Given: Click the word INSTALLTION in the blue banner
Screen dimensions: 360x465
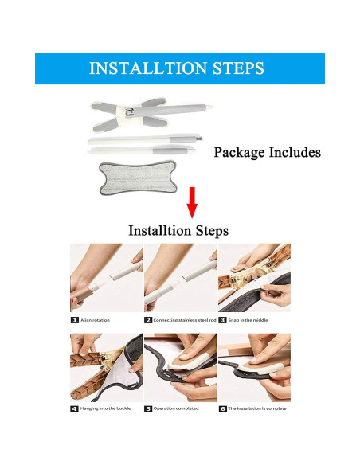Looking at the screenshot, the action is (x=148, y=68).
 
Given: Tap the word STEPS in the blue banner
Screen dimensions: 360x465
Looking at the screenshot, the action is (x=238, y=68).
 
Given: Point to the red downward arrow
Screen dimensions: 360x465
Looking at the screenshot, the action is (x=192, y=202).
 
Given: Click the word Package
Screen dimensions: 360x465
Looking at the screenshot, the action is (x=239, y=152).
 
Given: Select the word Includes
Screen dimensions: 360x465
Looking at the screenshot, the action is (x=295, y=152).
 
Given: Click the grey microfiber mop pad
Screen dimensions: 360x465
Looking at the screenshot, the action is (x=138, y=177).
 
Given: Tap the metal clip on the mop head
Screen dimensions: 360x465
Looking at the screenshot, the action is (x=130, y=113).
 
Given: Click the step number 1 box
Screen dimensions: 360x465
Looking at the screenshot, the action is (x=75, y=320).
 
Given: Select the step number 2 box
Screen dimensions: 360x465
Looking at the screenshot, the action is (x=148, y=320).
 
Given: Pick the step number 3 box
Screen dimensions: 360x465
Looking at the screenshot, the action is (x=222, y=320).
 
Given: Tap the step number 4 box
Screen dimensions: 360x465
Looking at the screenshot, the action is (x=74, y=408).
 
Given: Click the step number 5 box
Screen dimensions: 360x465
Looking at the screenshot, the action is (x=148, y=408).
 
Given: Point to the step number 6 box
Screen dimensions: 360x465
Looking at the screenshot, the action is (x=223, y=408).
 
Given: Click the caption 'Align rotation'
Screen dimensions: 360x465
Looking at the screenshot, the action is (x=96, y=320).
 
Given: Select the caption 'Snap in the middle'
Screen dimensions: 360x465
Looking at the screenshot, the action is (x=248, y=320).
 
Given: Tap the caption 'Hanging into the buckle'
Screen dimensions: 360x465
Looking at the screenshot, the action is (x=105, y=408).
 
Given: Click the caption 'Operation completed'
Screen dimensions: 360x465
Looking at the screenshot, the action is (x=176, y=408).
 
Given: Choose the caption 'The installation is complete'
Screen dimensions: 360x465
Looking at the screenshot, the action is (x=257, y=408).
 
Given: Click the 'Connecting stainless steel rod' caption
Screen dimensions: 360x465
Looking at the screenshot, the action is (x=185, y=320).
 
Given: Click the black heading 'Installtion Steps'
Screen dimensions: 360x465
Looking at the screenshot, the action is (x=178, y=230).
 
